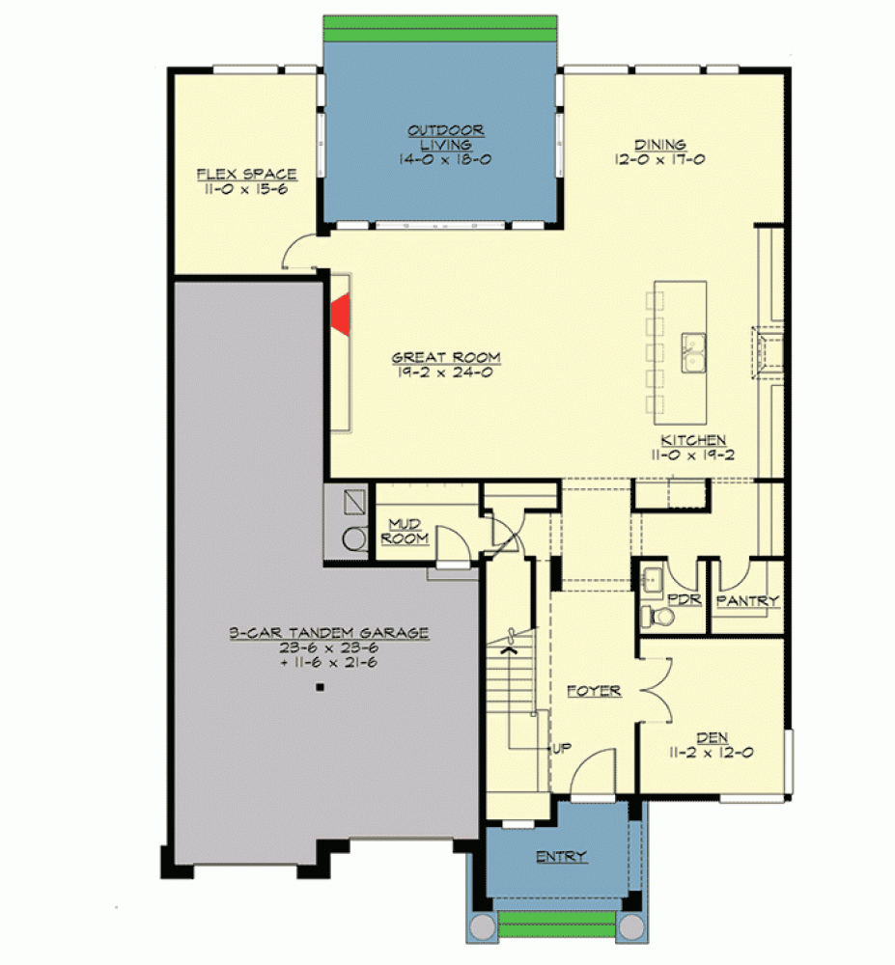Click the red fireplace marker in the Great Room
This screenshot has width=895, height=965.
[342, 315]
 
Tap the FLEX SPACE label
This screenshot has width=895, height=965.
[246, 174]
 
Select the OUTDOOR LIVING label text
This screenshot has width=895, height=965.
[446, 138]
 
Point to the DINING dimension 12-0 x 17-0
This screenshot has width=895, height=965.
[659, 159]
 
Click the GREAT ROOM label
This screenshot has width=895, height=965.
[446, 357]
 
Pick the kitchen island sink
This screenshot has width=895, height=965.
[693, 352]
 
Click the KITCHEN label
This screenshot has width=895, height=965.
[693, 440]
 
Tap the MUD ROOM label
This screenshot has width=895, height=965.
[405, 531]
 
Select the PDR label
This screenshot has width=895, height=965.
[685, 599]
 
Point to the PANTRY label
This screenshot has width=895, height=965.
[748, 600]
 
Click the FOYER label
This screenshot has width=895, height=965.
[594, 691]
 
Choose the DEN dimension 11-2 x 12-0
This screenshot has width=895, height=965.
[712, 752]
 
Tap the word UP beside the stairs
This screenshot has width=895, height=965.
[561, 749]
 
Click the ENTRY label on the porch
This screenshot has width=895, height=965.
[561, 857]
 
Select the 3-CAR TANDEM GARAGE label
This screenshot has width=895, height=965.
[329, 633]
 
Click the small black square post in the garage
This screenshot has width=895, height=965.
[320, 687]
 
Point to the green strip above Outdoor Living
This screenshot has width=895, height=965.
[440, 28]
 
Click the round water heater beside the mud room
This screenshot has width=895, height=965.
[354, 538]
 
